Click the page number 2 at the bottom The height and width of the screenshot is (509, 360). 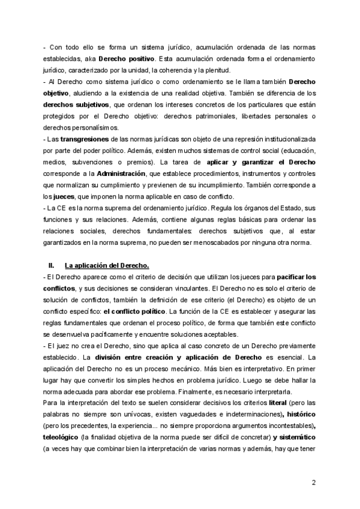314,481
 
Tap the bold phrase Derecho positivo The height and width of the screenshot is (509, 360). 126,59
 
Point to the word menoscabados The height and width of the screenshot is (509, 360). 199,242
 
